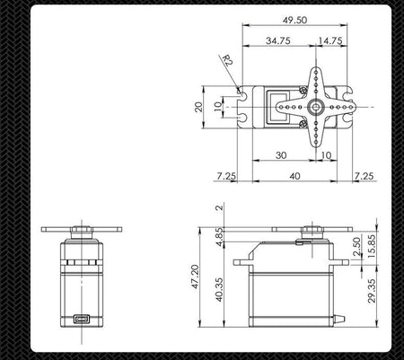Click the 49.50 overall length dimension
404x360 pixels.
click(x=294, y=20)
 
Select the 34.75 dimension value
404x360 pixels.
click(x=278, y=40)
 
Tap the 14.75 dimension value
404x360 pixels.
click(x=330, y=40)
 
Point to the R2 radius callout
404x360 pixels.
click(x=228, y=60)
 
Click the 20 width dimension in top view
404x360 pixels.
click(x=198, y=107)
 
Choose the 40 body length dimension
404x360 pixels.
click(x=294, y=176)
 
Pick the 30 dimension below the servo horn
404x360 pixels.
click(x=281, y=155)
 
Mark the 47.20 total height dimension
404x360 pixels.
click(x=195, y=277)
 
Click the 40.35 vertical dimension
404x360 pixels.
click(x=219, y=290)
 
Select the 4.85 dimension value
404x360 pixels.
click(x=219, y=237)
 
